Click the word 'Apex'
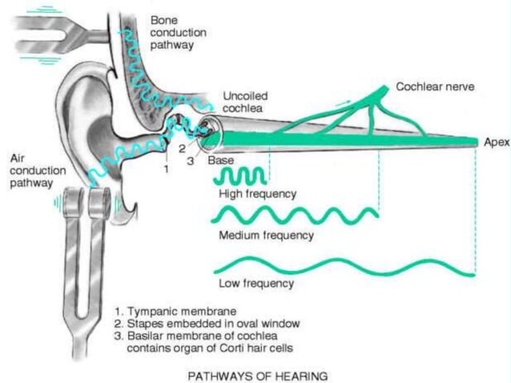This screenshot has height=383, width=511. (496, 142)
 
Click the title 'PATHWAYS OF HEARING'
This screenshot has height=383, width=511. (256, 375)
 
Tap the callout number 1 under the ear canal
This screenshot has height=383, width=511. (166, 168)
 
